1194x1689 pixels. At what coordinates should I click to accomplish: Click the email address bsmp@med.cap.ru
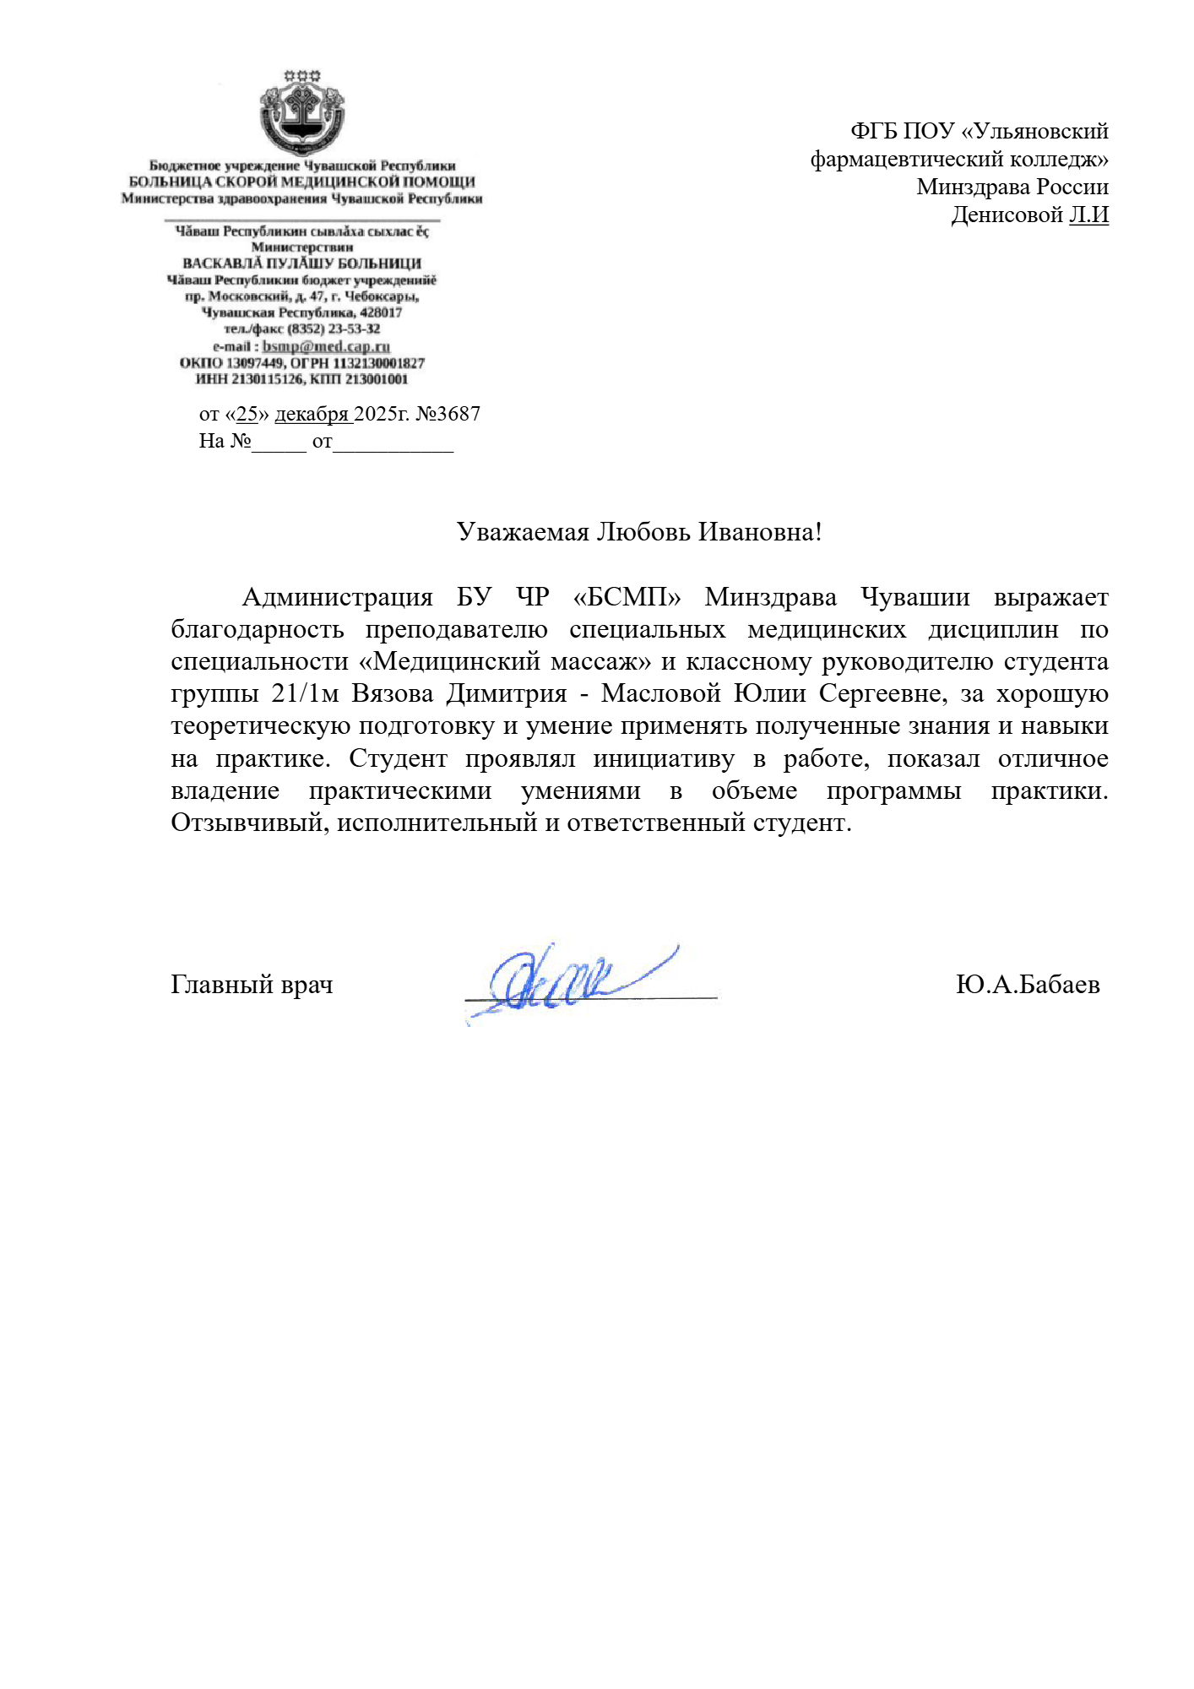[x=326, y=346]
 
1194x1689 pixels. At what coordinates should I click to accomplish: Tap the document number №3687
[x=448, y=414]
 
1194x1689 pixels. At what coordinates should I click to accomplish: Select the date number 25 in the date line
[x=247, y=414]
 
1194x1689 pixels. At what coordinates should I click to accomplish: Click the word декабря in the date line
[x=312, y=414]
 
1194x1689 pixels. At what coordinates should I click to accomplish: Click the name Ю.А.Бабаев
[x=1027, y=985]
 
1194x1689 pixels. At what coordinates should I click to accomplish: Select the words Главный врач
[x=252, y=985]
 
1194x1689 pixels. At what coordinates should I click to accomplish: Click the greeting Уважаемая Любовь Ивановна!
[x=638, y=532]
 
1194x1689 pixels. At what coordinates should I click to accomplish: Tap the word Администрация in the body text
[x=337, y=597]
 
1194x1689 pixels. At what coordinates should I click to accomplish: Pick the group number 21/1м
[x=305, y=693]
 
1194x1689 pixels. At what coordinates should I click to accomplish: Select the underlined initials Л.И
[x=1088, y=215]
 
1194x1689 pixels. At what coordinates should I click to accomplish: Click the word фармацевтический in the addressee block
[x=907, y=159]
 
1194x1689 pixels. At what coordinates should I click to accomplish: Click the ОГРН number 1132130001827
[x=378, y=363]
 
